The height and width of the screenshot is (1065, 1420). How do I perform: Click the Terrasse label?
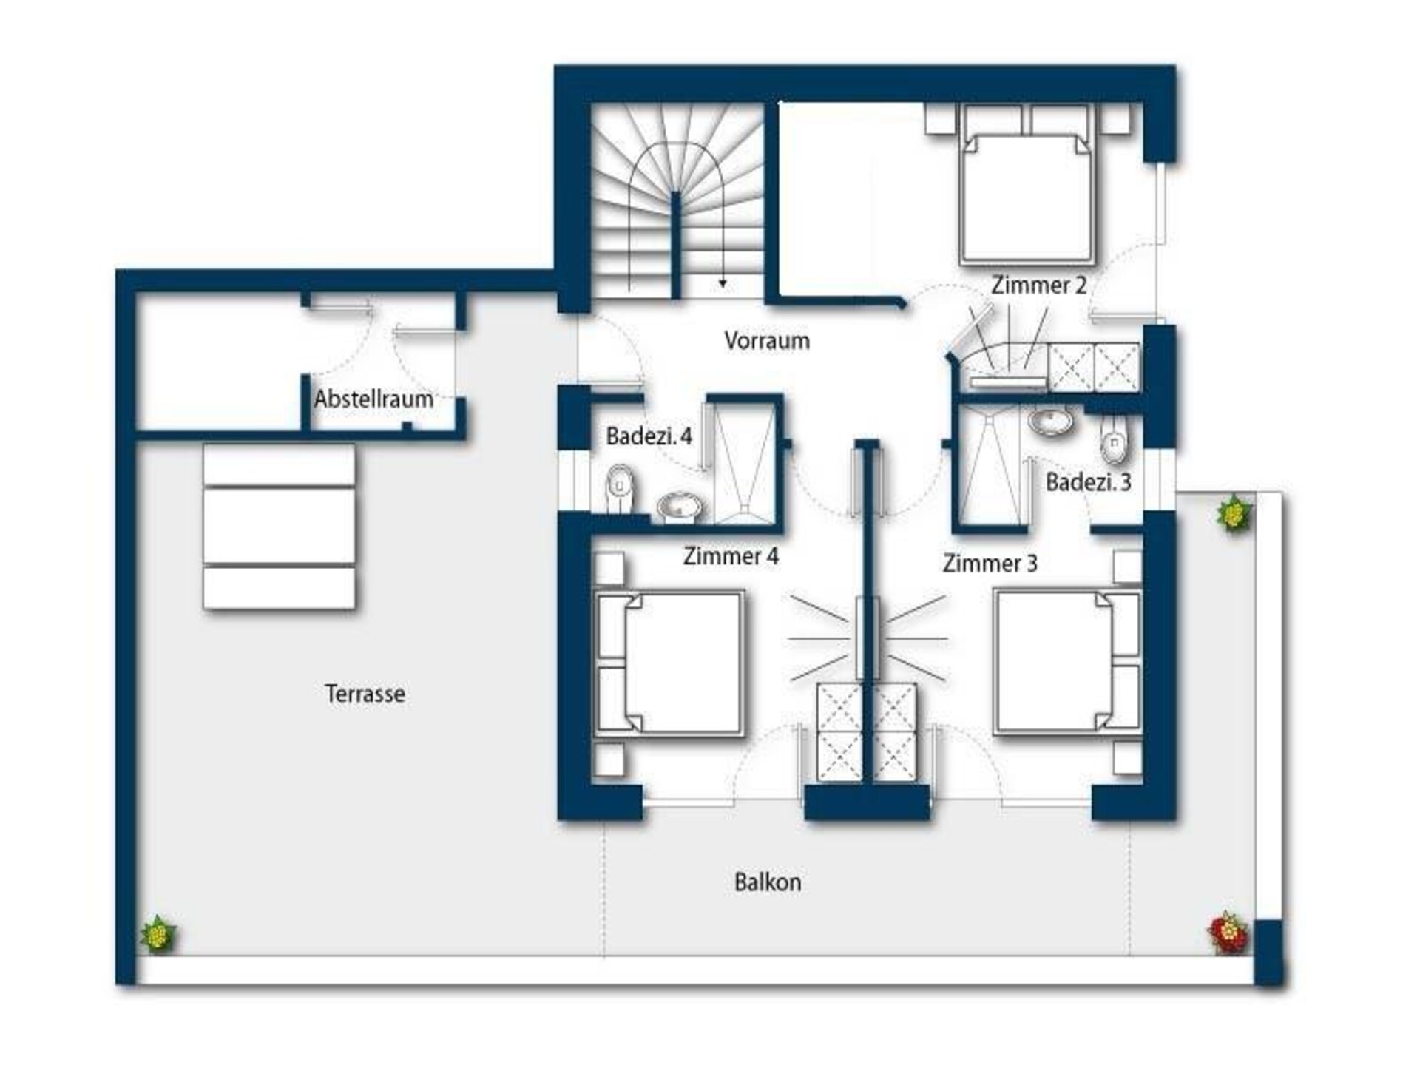[x=365, y=694]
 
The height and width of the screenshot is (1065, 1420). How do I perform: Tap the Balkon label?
[x=768, y=882]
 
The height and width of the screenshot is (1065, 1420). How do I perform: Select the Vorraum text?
[x=767, y=340]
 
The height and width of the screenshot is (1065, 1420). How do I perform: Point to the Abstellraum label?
[x=373, y=399]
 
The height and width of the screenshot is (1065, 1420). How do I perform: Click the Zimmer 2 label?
[x=1039, y=285]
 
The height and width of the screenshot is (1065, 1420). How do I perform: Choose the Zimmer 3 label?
[x=990, y=564]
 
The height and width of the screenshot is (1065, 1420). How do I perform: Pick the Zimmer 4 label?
[x=731, y=556]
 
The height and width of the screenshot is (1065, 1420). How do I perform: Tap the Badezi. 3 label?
[x=1089, y=483]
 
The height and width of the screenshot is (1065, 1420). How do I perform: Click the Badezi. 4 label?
[x=649, y=436]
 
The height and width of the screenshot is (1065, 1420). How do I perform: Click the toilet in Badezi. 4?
[x=621, y=487]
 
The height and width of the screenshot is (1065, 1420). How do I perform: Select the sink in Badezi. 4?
[x=680, y=507]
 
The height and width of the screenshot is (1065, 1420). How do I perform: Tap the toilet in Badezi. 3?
[x=1114, y=442]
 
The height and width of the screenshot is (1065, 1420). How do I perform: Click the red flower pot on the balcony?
[x=1228, y=932]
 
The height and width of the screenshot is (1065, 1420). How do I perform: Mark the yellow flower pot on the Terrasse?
[x=158, y=933]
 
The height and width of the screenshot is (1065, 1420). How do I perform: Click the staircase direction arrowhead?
[x=723, y=283]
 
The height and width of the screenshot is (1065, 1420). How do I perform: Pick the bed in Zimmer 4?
[x=669, y=663]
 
